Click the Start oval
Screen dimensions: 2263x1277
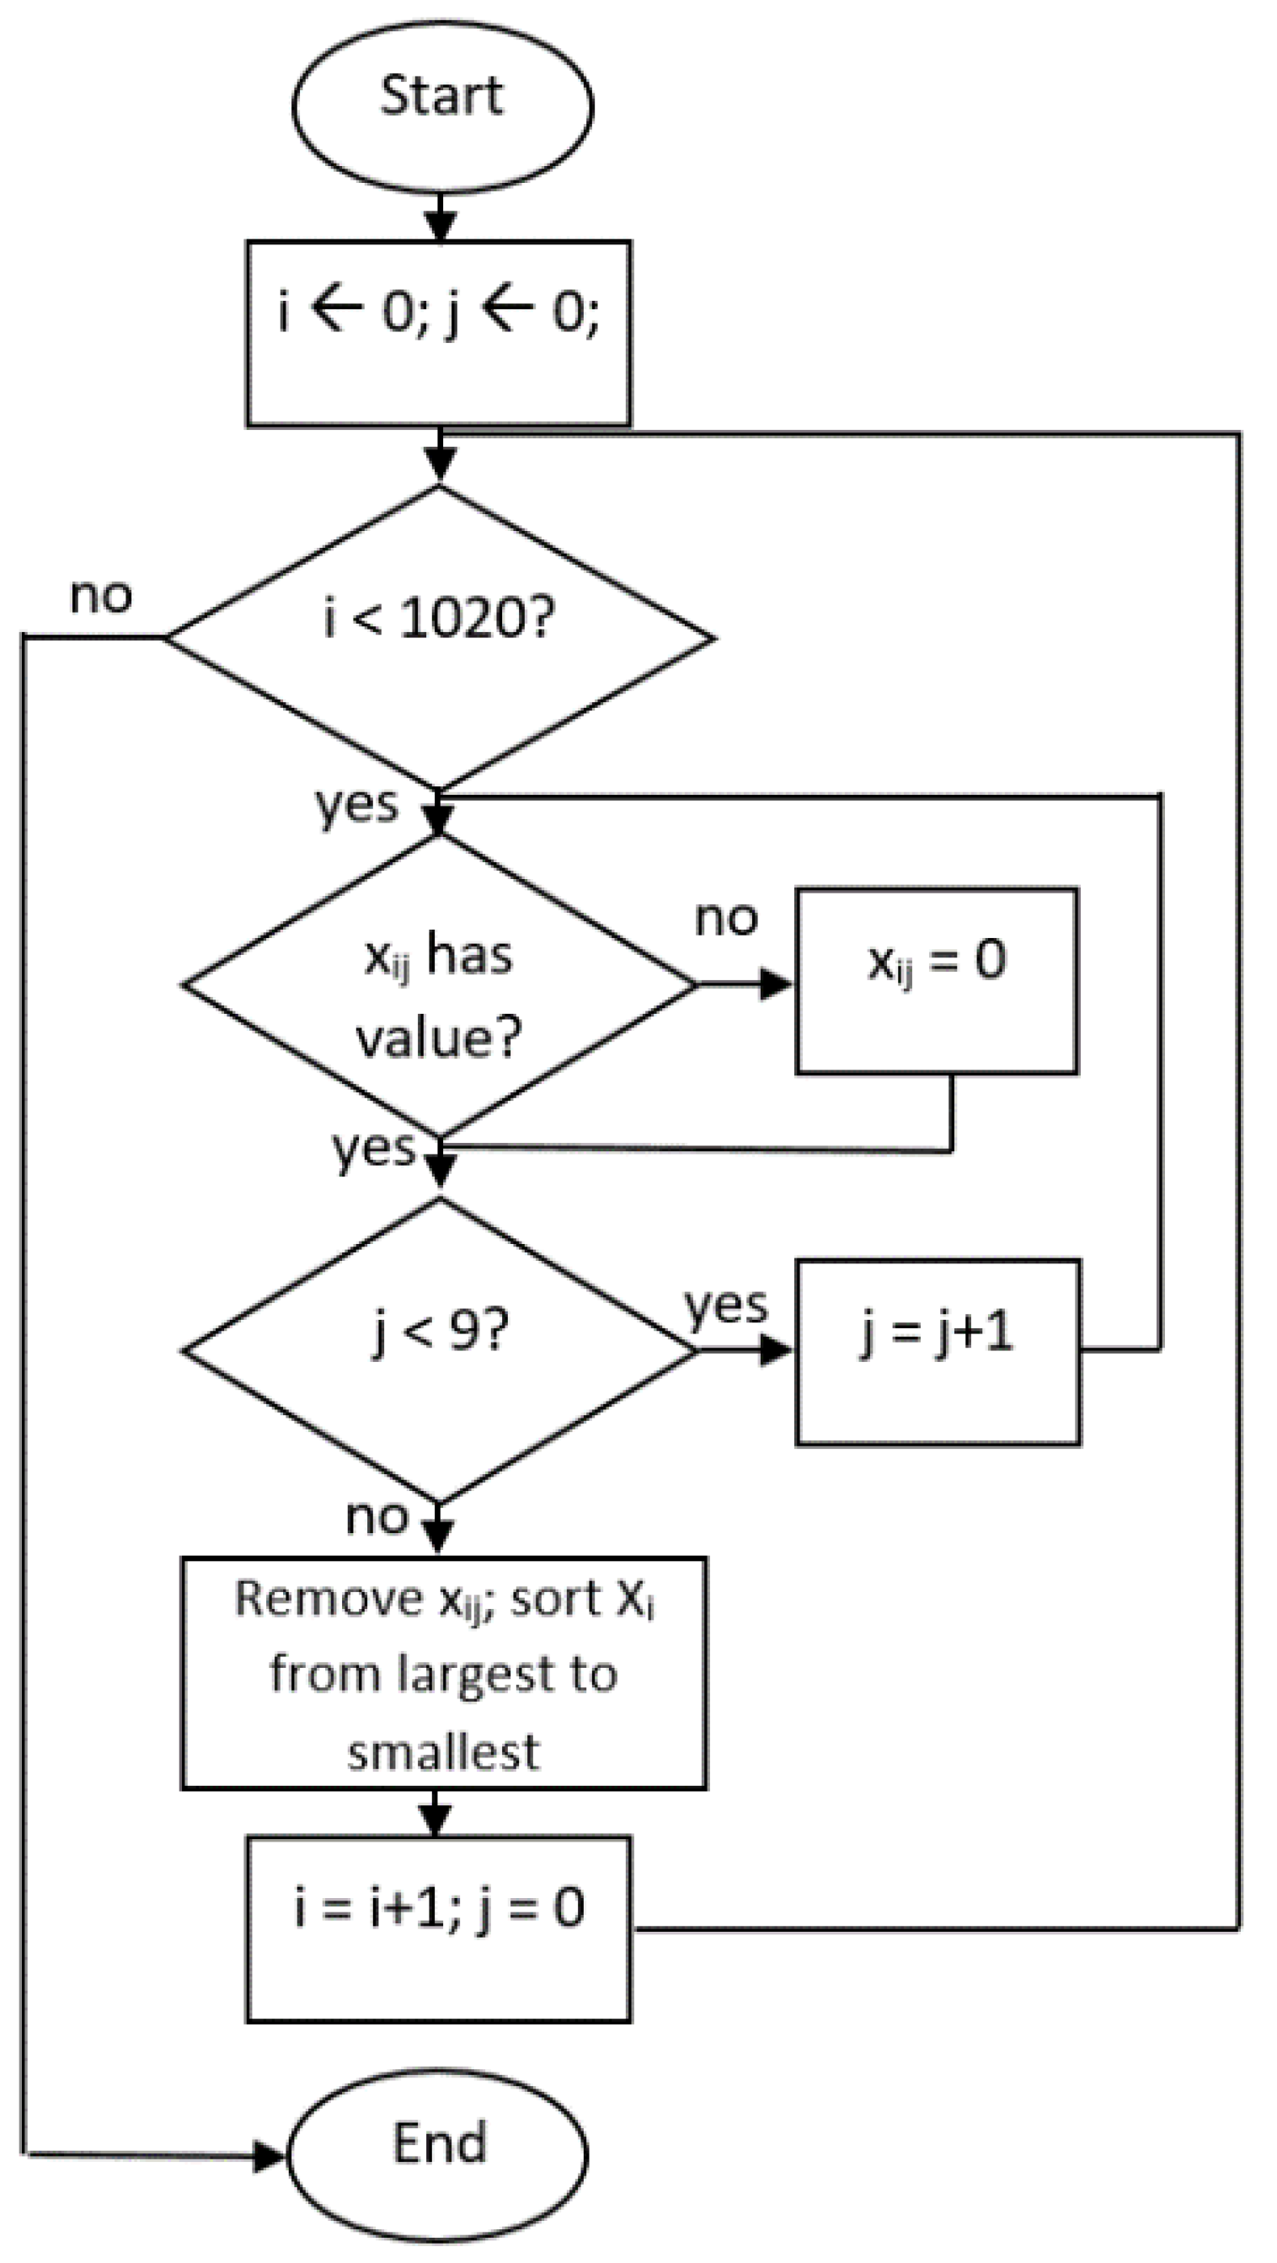pos(441,105)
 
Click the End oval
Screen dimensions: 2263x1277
pos(437,2153)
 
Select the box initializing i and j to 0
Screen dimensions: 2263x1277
pos(438,334)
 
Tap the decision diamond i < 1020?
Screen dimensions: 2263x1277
pos(439,637)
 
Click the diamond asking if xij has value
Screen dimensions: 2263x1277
pos(439,984)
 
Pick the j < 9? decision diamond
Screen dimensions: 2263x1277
pos(439,1349)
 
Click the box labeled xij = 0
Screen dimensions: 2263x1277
pos(936,981)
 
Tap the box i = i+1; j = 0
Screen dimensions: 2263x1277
pos(438,1928)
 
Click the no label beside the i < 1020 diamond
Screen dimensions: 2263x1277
pos(101,597)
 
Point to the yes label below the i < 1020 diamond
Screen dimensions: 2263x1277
pos(356,804)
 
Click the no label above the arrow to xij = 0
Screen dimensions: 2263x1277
pos(725,919)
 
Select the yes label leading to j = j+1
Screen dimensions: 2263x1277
pos(725,1306)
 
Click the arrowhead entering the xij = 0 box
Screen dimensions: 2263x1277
pos(777,984)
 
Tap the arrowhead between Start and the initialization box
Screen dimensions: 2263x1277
pos(440,225)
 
